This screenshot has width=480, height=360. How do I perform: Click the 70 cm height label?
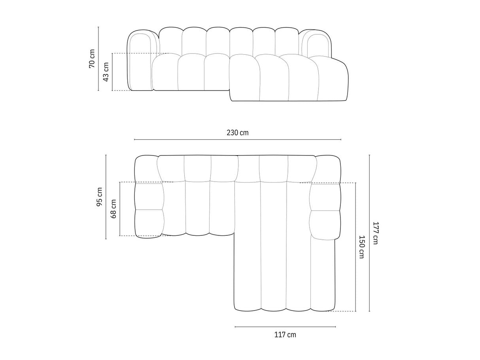(92, 59)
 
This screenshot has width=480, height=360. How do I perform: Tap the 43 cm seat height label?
(106, 72)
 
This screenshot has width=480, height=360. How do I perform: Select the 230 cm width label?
(238, 133)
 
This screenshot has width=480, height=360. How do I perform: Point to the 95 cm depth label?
(99, 197)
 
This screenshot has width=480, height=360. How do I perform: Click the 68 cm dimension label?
(113, 208)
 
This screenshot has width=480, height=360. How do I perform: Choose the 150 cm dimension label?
(361, 247)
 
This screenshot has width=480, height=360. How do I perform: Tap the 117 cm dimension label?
(285, 335)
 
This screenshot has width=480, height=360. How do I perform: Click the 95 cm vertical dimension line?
(106, 222)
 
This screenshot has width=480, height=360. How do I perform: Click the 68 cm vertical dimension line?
(120, 225)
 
